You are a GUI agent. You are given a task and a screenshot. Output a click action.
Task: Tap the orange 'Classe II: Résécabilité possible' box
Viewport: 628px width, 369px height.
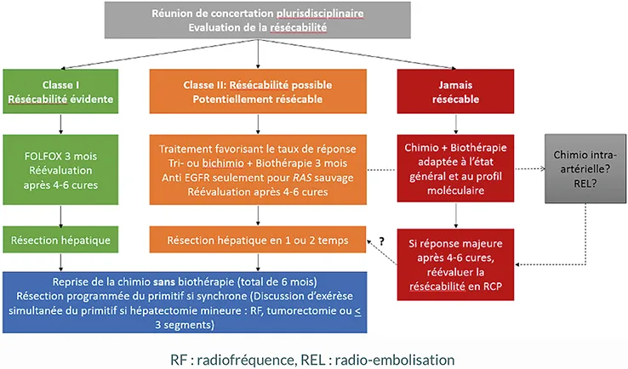coord(258,92)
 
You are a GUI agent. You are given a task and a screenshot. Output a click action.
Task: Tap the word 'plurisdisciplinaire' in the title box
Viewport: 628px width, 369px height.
coord(325,13)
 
